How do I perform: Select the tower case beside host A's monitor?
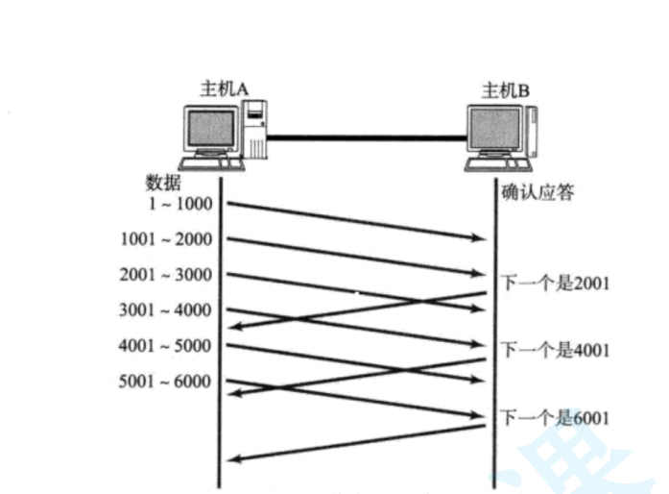point(255,131)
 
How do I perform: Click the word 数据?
point(162,183)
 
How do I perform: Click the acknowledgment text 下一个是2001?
point(556,284)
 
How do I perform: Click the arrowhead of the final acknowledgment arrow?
point(231,460)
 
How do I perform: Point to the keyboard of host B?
point(494,166)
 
